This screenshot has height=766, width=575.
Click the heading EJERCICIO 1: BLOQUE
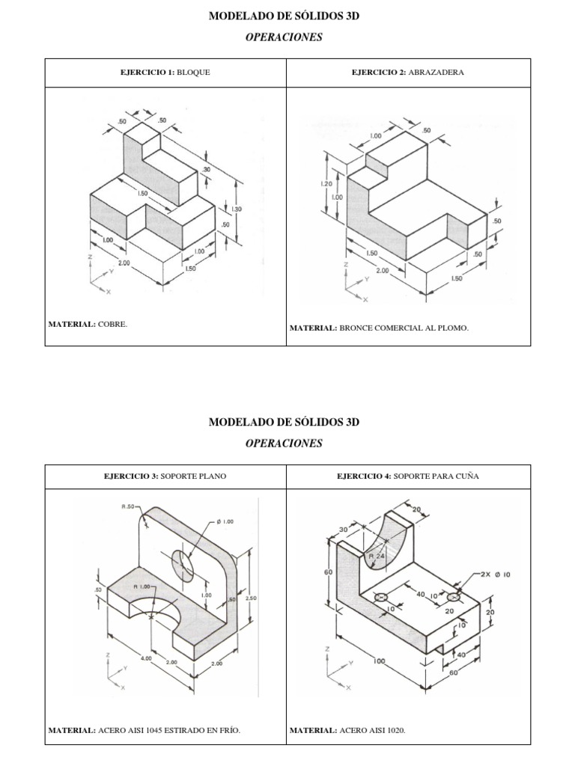[x=166, y=73]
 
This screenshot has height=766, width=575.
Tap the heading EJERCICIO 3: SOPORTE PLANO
[x=166, y=475]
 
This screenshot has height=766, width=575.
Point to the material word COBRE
[x=113, y=325]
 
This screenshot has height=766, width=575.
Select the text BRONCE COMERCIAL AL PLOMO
[x=404, y=328]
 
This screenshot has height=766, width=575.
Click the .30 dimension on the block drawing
[x=206, y=170]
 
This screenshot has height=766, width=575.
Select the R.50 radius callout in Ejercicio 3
[x=129, y=506]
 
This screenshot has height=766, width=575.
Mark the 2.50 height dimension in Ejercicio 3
[x=251, y=598]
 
